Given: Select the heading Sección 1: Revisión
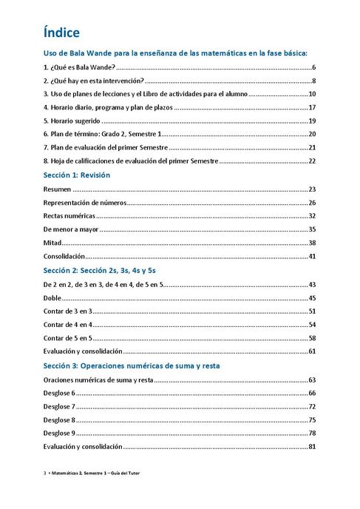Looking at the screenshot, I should [x=76, y=175].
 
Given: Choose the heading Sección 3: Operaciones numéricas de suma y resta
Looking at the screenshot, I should [x=132, y=365].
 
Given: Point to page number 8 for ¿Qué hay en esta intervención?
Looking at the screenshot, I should [x=313, y=81].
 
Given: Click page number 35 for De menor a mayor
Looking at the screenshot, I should [x=312, y=229].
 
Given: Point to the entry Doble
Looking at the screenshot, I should [x=52, y=297].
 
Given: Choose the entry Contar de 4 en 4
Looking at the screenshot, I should [x=67, y=324].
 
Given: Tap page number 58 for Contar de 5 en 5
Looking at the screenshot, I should [x=312, y=337].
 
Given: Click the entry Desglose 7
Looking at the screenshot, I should [x=59, y=406].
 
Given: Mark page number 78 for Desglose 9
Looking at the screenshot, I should [x=312, y=433].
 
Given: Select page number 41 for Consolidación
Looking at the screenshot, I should [x=312, y=256].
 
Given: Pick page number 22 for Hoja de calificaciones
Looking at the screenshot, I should [x=312, y=161].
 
